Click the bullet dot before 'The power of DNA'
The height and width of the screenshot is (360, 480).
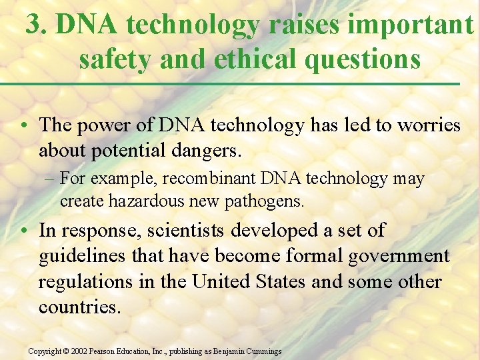[24, 126]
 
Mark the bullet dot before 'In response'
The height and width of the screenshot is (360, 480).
[24, 231]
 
